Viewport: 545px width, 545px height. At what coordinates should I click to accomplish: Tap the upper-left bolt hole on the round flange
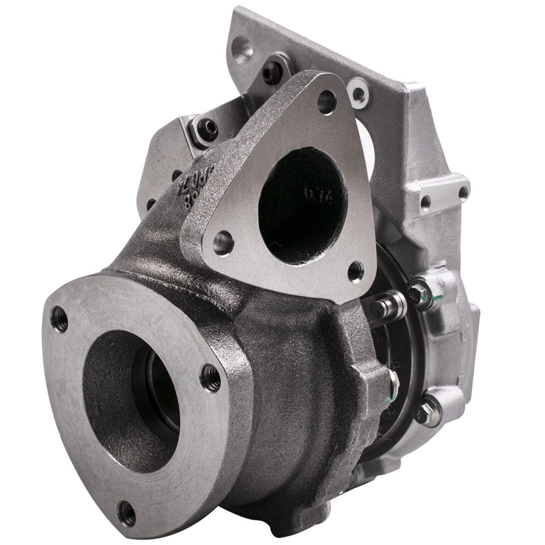59,319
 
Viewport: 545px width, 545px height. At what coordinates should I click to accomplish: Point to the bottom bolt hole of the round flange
127,513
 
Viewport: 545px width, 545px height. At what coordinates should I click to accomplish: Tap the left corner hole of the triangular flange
223,242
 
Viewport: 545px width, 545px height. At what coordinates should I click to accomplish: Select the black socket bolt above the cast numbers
208,130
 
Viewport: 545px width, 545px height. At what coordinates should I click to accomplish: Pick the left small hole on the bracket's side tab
425,202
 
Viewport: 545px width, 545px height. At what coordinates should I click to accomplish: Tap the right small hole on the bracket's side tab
462,192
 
